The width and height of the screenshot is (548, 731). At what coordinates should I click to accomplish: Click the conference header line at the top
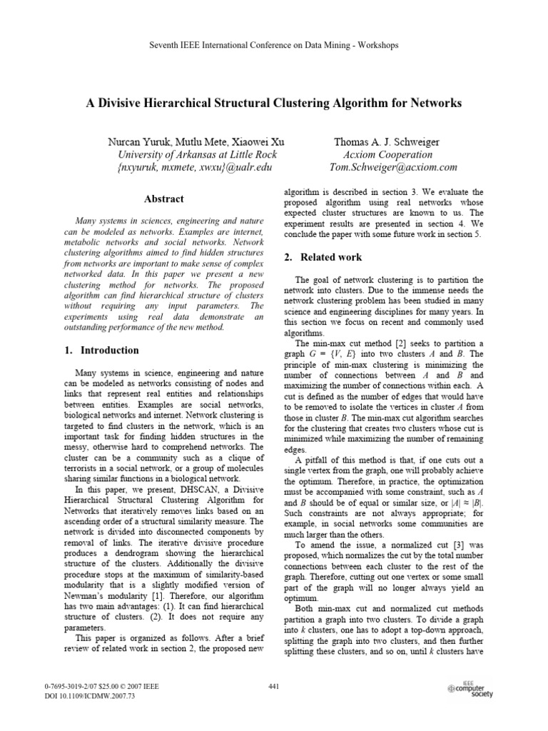[x=273, y=45]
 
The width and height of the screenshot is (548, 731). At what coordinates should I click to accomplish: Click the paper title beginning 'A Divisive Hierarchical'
[x=273, y=104]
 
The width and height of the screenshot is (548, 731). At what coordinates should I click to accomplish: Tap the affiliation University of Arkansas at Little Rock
[x=196, y=154]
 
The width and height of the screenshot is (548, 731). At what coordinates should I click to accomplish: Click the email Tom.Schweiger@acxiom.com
[x=392, y=167]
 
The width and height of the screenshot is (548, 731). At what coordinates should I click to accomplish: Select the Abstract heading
[x=163, y=199]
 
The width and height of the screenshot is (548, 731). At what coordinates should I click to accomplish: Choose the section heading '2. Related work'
[x=323, y=257]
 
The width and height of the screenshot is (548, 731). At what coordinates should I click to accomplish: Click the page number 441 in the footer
[x=273, y=687]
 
